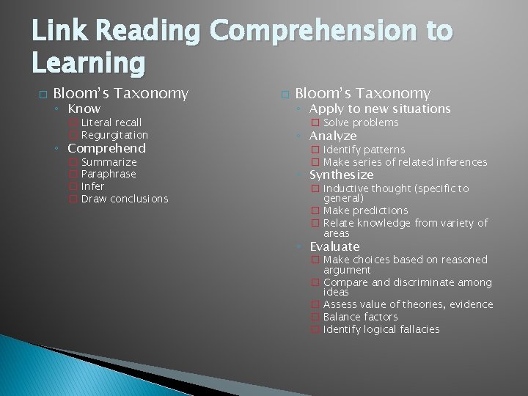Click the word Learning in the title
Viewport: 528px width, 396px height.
(x=87, y=65)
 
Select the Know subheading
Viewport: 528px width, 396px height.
(x=84, y=109)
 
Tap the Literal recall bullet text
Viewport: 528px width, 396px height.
(x=111, y=122)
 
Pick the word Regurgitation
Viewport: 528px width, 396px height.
(x=114, y=135)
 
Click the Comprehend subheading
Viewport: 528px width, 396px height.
(x=106, y=148)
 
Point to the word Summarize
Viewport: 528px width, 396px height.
(x=109, y=162)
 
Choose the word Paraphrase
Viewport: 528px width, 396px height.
(x=109, y=174)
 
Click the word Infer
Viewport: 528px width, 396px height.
(x=93, y=186)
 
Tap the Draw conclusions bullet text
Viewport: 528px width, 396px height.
(x=125, y=199)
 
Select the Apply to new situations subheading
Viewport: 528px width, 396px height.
(x=380, y=109)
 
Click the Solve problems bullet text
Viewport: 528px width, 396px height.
(x=361, y=122)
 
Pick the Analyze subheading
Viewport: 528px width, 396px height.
(x=333, y=136)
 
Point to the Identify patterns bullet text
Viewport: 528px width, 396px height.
(x=364, y=150)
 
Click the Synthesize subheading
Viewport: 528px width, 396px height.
(x=341, y=175)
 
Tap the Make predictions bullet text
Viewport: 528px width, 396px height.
(x=365, y=210)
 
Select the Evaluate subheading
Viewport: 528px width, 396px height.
(x=334, y=246)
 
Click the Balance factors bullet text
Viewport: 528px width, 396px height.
(x=360, y=317)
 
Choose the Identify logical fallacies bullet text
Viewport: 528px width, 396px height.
(x=381, y=329)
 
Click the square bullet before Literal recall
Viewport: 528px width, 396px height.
(x=73, y=122)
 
